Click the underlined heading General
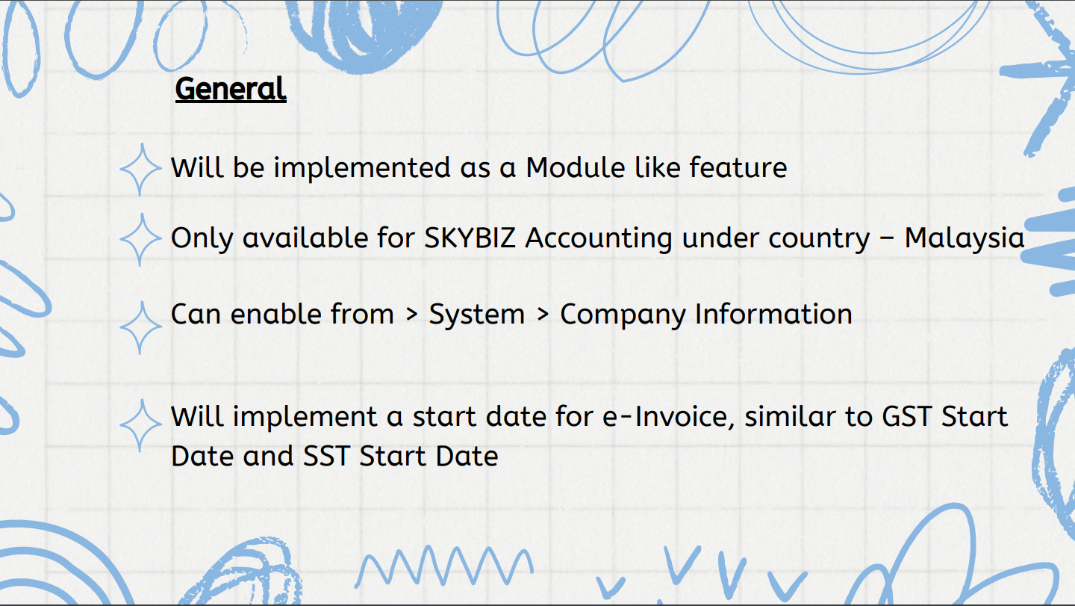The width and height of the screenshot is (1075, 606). (231, 90)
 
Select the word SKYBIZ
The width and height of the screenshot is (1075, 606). (470, 238)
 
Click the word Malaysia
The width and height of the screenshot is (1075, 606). (965, 238)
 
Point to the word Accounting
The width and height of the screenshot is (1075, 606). (599, 239)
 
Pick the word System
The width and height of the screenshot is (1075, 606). (476, 315)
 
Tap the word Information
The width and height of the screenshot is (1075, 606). (773, 314)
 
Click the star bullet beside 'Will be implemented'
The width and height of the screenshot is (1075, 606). (140, 170)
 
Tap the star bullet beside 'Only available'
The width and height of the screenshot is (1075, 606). (140, 240)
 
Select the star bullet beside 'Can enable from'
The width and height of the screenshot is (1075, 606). (140, 327)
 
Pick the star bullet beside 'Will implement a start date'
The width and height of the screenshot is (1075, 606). (140, 425)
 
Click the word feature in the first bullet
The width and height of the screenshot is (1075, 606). (738, 167)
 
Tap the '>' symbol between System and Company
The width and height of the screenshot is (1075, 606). (543, 315)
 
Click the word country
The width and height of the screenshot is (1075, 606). (776, 239)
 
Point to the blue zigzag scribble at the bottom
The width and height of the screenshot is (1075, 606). (444, 566)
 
